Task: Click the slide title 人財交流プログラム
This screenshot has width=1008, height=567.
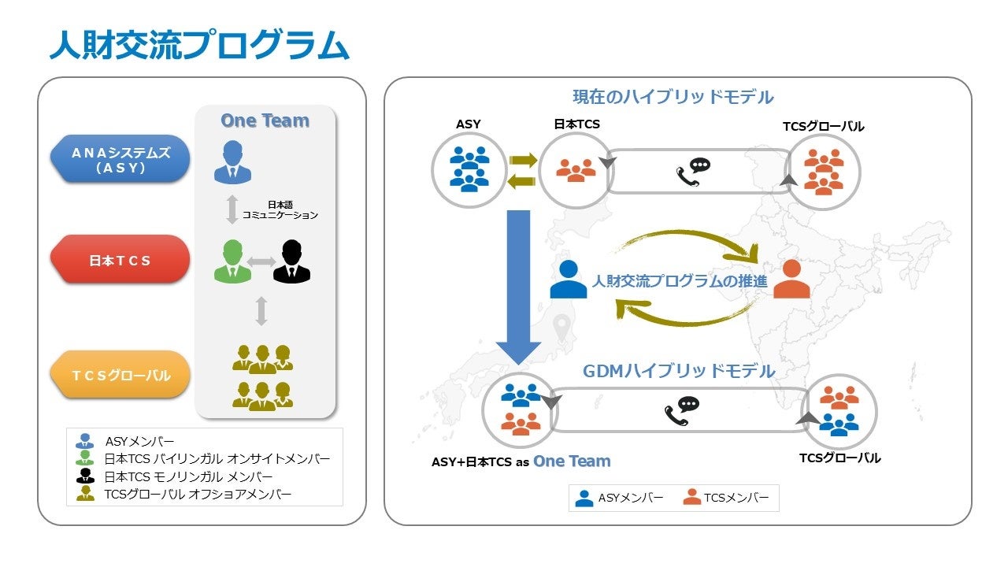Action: coord(198,45)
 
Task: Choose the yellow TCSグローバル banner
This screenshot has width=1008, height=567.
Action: coord(120,376)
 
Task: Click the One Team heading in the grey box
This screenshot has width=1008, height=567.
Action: coord(265,120)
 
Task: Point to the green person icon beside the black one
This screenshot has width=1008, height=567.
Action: coord(232,261)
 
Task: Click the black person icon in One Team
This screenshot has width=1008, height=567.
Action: coord(291,261)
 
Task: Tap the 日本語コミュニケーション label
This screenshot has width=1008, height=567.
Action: coord(280,209)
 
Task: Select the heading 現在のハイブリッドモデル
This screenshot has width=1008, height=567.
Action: coord(673,97)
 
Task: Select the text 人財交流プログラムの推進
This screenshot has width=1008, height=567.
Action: coord(679,280)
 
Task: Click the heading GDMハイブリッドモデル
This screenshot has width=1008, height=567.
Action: coord(679,371)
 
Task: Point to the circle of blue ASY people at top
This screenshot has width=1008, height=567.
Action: coord(469,171)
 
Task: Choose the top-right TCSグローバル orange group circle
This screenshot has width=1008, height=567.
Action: coord(823,172)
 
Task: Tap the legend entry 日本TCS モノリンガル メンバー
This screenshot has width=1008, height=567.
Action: coord(188,476)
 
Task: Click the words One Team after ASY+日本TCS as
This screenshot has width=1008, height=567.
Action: coord(572,461)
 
